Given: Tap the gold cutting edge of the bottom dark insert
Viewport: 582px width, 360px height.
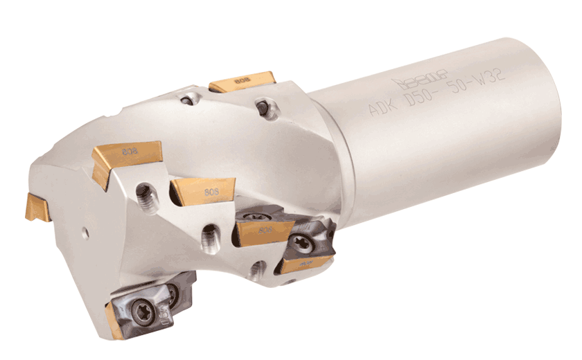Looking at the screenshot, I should [x=114, y=318].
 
